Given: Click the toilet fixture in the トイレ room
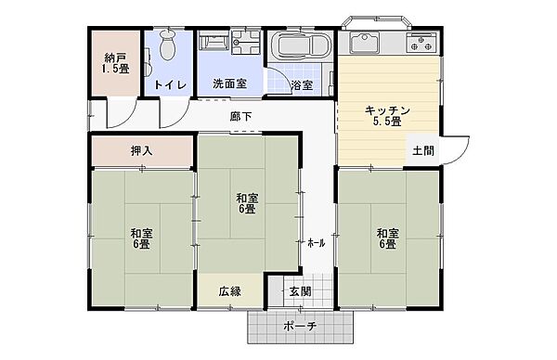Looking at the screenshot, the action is point(168,45).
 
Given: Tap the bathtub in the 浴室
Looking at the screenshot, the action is point(301,45).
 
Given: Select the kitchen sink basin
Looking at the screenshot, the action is point(364,43).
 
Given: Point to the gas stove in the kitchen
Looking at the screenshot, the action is point(421,43).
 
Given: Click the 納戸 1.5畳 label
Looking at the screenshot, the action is point(115,63).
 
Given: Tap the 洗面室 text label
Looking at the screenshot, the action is point(230,84).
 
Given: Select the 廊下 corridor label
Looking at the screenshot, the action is point(240,116).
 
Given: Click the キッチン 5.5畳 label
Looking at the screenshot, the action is point(387,116).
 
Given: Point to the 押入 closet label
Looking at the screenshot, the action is point(142,150).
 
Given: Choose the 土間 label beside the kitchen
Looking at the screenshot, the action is point(423,150).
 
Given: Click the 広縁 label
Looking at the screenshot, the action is point(230,291).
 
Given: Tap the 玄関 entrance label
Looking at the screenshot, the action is point(301,291).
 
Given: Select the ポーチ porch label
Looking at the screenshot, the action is point(300,326).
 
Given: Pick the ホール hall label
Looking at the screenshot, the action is point(316,243).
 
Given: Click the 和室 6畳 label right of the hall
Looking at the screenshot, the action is point(387,238).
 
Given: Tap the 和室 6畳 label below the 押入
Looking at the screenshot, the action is point(142,238).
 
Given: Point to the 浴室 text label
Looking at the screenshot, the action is point(302,84).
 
